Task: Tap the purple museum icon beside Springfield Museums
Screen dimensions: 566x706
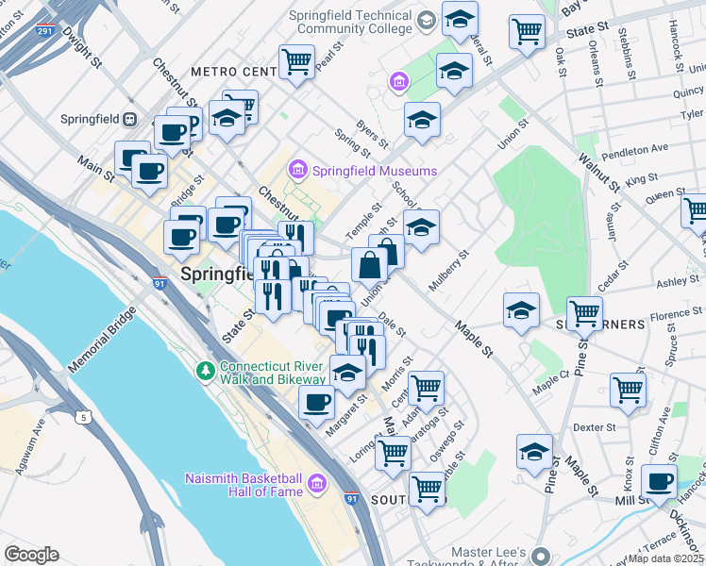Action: [298, 171]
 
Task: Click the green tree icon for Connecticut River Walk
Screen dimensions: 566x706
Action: [205, 367]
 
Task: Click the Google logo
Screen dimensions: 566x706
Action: [30, 555]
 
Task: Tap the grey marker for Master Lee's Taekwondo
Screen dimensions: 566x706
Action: [539, 554]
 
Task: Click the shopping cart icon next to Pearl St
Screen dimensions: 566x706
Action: [296, 62]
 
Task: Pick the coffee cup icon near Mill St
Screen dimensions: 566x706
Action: [660, 482]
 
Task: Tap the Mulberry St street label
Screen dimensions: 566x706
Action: [448, 271]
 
